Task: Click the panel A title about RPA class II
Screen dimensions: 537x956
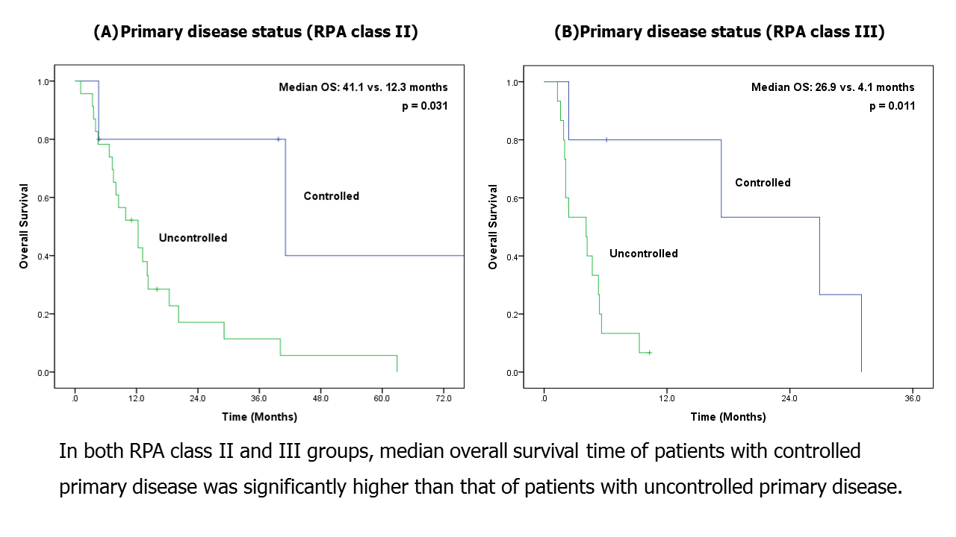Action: coord(255,32)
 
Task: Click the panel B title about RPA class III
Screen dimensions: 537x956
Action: coord(719,32)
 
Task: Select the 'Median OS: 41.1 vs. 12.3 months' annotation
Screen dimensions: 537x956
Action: coord(363,87)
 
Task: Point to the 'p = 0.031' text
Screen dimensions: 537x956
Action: coord(424,106)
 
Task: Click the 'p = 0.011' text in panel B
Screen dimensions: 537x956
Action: coord(892,106)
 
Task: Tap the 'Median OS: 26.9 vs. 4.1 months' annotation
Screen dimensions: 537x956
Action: coord(832,87)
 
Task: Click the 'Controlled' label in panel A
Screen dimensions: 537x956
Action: coord(331,196)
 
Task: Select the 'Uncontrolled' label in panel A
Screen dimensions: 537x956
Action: coord(193,238)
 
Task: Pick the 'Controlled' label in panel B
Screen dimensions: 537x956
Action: coord(763,183)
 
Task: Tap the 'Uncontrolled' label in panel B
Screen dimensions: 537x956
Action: coord(643,254)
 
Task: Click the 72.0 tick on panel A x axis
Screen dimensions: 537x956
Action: coord(444,400)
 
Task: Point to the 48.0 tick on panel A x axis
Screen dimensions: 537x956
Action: coord(320,400)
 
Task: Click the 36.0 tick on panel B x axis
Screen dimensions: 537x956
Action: coord(912,400)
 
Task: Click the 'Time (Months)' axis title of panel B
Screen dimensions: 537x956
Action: coord(727,417)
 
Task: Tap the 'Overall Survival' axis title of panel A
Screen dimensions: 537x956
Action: coord(24,227)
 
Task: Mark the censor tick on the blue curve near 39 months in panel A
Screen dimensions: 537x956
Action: coord(279,139)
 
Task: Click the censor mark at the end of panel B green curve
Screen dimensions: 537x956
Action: coord(650,352)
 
